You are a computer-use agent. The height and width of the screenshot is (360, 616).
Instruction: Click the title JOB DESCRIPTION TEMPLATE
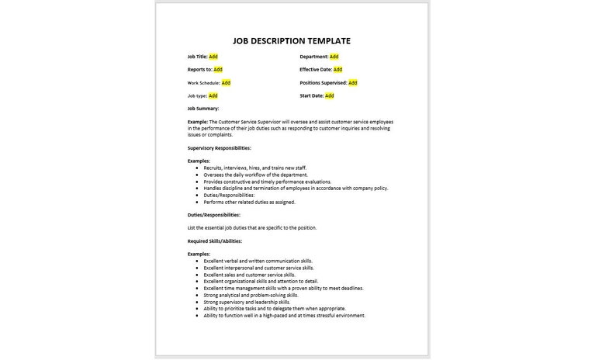(x=292, y=41)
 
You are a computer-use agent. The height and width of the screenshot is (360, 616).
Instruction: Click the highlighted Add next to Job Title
(x=213, y=57)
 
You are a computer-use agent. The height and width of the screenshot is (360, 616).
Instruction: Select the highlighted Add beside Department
(x=334, y=57)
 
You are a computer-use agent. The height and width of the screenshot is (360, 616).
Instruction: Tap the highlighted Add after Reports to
(x=218, y=70)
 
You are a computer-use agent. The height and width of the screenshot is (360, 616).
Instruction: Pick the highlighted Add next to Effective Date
(x=338, y=70)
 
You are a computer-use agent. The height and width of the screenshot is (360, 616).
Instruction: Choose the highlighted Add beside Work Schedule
(x=226, y=82)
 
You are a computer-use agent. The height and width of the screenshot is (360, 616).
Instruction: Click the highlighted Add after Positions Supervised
(x=353, y=82)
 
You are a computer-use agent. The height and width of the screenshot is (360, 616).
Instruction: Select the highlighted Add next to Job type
(x=213, y=95)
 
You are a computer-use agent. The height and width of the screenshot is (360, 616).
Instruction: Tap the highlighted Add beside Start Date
(x=329, y=95)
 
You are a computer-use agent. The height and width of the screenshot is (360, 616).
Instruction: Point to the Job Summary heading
(x=203, y=109)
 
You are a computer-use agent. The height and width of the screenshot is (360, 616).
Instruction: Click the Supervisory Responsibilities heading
(x=219, y=147)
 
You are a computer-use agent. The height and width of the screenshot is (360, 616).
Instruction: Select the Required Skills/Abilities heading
(x=215, y=241)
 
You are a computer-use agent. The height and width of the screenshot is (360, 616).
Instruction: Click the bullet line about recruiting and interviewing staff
(x=248, y=168)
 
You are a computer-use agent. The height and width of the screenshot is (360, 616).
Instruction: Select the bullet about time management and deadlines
(x=283, y=289)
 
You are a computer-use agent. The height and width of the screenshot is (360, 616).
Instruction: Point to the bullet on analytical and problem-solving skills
(x=251, y=296)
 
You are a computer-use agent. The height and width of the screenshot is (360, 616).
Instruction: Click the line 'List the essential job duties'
(x=252, y=227)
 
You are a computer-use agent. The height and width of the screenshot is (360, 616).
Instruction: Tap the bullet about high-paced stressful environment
(x=284, y=316)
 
